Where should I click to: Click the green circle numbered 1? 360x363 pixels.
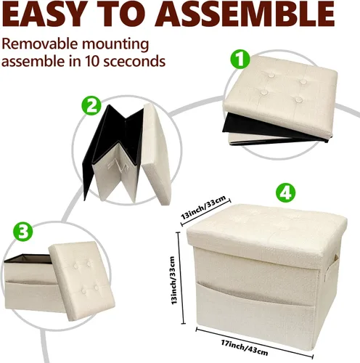(240, 59)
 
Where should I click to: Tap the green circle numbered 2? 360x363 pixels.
(91, 107)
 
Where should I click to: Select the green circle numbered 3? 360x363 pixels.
(23, 232)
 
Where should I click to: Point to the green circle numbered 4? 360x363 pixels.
(286, 193)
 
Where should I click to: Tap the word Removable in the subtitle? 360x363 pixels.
(39, 44)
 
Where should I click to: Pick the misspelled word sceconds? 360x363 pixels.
(134, 61)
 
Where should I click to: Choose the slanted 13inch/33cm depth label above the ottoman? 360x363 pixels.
(204, 207)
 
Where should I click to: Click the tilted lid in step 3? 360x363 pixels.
(82, 281)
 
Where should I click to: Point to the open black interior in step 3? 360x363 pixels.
(28, 258)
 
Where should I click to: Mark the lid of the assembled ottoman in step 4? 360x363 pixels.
(266, 230)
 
